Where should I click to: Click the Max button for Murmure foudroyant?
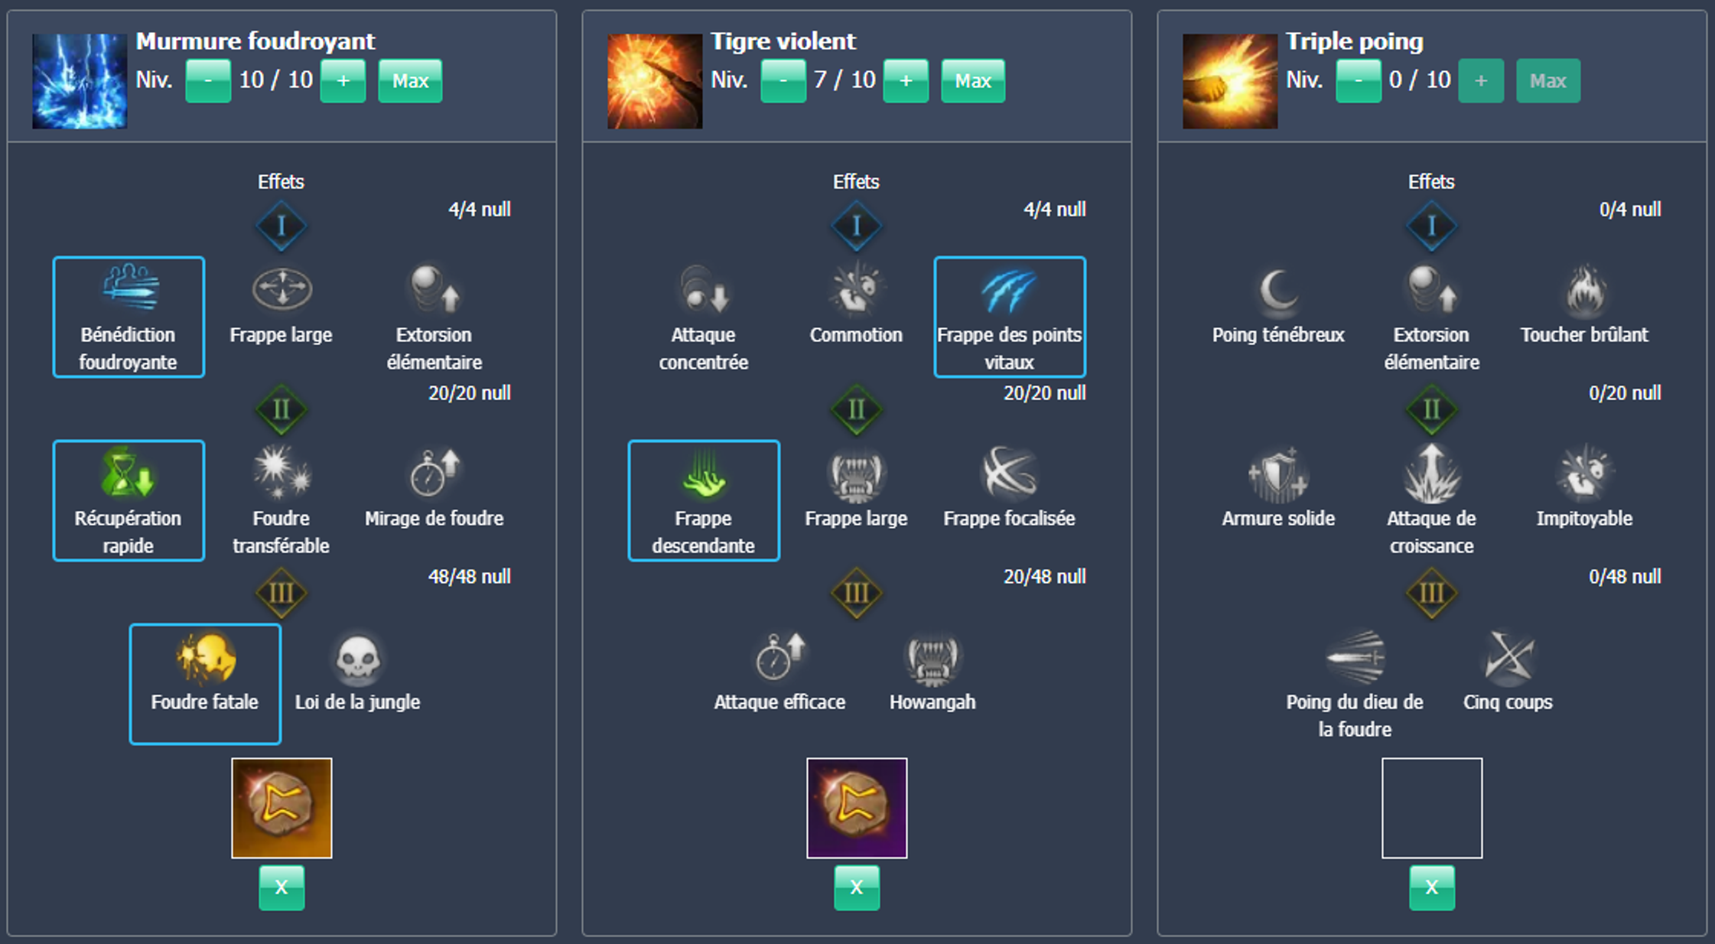click(410, 80)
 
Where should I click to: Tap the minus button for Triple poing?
click(1358, 80)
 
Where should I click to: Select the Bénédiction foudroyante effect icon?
click(130, 288)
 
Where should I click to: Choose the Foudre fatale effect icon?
click(205, 657)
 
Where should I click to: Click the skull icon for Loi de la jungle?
click(358, 657)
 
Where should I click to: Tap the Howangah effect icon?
click(932, 658)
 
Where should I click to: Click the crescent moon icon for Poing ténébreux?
click(1278, 291)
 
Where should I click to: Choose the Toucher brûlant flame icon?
click(1584, 290)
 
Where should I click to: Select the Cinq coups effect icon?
click(1508, 657)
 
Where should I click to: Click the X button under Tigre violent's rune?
click(857, 887)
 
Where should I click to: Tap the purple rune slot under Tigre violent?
click(857, 808)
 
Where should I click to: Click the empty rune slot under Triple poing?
click(1432, 808)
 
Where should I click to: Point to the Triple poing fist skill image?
click(1230, 81)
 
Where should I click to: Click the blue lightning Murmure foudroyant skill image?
click(80, 81)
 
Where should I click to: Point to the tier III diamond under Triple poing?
click(1431, 593)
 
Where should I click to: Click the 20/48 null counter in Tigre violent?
click(1044, 577)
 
